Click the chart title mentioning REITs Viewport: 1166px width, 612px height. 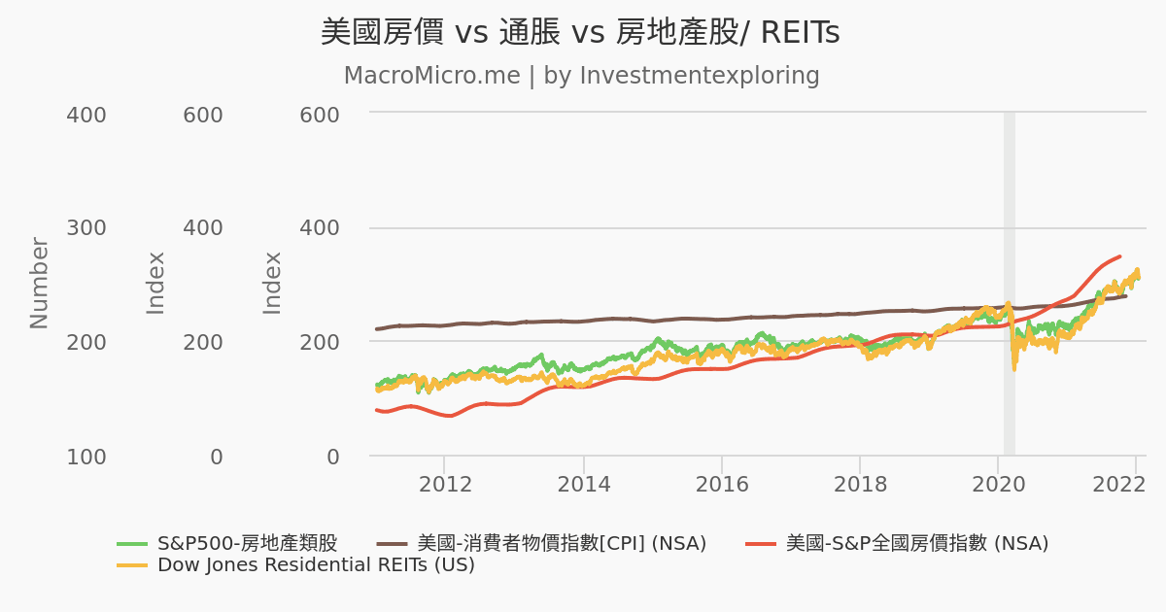coord(580,33)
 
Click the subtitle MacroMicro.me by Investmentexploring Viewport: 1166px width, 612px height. coord(581,76)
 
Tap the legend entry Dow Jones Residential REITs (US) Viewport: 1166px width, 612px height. coord(316,565)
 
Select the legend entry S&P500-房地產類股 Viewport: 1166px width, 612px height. coord(247,543)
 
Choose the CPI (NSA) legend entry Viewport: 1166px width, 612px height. coord(561,543)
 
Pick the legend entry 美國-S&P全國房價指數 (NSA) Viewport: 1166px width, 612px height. coord(916,543)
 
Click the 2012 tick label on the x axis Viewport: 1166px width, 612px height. coord(444,484)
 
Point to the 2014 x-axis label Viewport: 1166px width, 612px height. coord(583,484)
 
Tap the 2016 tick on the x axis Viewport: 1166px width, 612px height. coord(721,484)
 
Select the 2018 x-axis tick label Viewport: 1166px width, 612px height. coord(860,484)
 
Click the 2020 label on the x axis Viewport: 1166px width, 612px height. coord(999,484)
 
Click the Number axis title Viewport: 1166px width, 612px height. coord(39,283)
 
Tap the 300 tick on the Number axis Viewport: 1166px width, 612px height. coord(86,228)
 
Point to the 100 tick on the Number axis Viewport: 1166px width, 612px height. coord(86,457)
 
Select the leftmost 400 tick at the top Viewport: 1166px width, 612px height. coord(86,115)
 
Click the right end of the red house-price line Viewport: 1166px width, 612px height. coord(1120,256)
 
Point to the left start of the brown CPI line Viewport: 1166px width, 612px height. coord(378,328)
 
